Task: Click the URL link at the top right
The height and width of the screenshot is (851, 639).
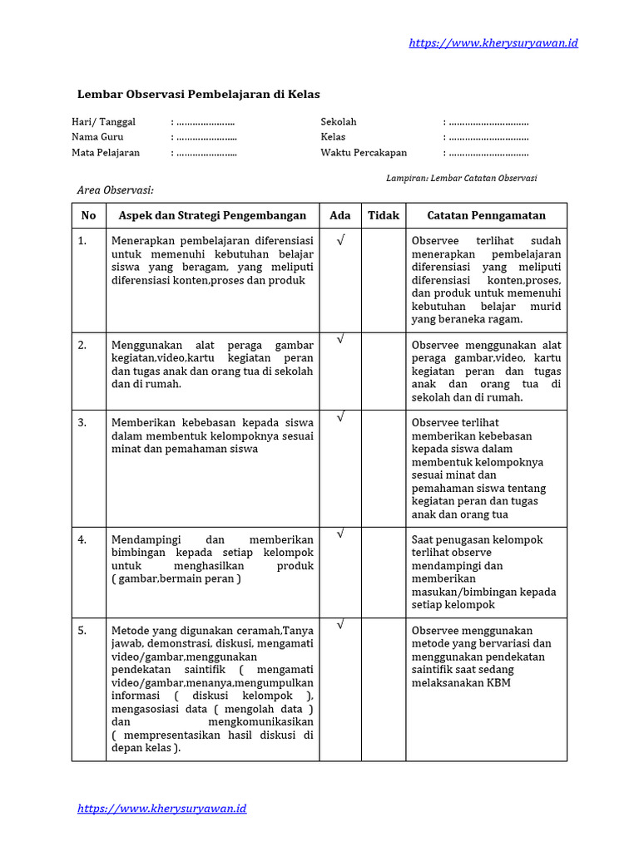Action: [x=493, y=42]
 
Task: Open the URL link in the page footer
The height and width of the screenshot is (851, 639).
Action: [x=162, y=808]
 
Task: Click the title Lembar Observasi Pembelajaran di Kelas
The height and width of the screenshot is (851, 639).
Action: [x=199, y=95]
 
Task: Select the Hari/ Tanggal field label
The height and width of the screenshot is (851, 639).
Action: [x=103, y=121]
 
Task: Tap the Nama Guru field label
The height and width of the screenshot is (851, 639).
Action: [x=97, y=137]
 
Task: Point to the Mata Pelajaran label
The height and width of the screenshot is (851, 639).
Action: [x=106, y=153]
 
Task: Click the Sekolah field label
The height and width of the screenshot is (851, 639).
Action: [x=339, y=121]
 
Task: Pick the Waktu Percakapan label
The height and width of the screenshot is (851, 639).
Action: [x=364, y=153]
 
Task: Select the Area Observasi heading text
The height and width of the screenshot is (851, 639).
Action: [x=116, y=190]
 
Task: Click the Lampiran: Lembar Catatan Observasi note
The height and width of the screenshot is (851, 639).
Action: [x=462, y=178]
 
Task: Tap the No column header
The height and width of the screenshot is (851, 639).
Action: [x=89, y=215]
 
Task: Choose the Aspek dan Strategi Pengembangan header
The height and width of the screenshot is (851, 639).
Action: [x=213, y=215]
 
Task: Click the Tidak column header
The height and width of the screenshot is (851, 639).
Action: [x=384, y=215]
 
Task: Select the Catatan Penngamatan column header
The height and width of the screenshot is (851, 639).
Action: [x=486, y=215]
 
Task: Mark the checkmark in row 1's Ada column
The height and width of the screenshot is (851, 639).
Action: [x=340, y=240]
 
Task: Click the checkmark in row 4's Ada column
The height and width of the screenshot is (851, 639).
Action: [x=340, y=533]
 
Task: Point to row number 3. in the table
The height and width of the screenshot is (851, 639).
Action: [x=82, y=423]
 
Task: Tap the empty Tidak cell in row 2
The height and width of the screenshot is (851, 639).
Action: [x=384, y=371]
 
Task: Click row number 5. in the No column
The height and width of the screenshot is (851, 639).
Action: [x=82, y=631]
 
